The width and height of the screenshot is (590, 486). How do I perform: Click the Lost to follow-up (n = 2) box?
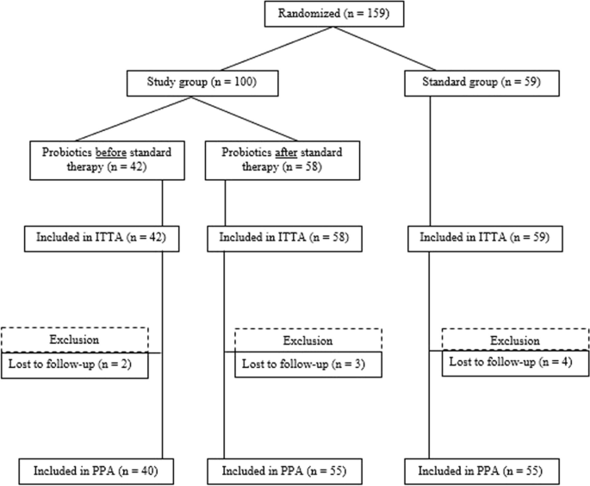(x=75, y=365)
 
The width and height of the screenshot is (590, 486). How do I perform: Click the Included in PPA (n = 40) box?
(x=90, y=471)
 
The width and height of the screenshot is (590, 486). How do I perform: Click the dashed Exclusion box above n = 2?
(x=75, y=340)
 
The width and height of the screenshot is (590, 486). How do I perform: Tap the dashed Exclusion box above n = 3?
(x=307, y=340)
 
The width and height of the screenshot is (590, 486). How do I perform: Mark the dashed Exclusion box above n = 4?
(x=515, y=340)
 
